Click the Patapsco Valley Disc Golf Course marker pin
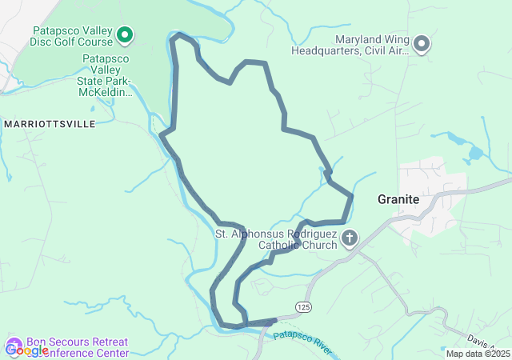point(125,34)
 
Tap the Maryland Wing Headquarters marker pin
point(422,44)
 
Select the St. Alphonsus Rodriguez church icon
point(350,238)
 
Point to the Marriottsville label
point(49,124)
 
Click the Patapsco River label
point(302,342)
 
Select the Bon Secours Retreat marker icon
point(14,345)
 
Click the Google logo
point(26,350)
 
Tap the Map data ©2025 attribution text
point(477,354)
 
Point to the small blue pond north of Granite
point(475,151)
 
